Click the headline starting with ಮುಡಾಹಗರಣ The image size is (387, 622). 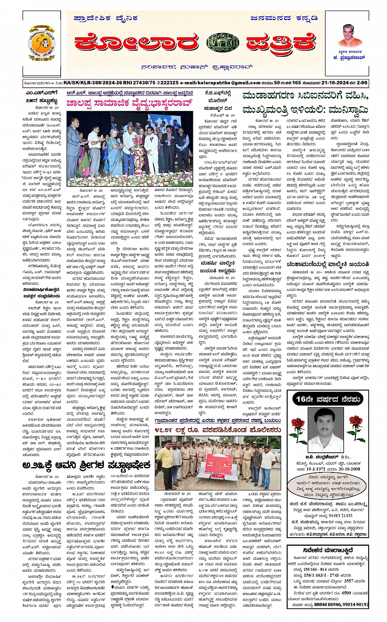pos(305,97)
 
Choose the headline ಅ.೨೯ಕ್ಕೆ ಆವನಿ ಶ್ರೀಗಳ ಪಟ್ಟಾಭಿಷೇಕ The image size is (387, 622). pos(86,465)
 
